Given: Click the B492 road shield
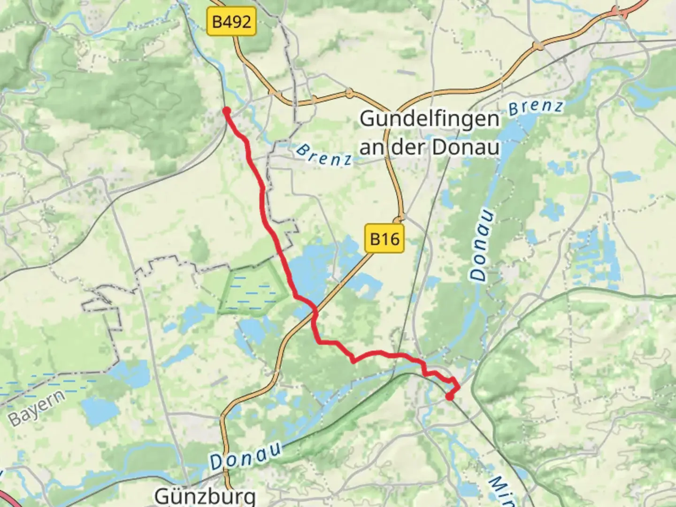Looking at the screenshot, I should pyautogui.click(x=232, y=22).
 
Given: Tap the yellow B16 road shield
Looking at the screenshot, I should pyautogui.click(x=384, y=239).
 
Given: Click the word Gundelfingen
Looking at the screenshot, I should pyautogui.click(x=430, y=119).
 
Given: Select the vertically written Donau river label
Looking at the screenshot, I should pyautogui.click(x=483, y=246).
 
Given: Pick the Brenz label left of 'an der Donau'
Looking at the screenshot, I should pyautogui.click(x=324, y=155).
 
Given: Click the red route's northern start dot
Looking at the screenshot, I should pyautogui.click(x=226, y=110).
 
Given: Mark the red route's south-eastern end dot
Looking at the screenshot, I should pyautogui.click(x=449, y=397).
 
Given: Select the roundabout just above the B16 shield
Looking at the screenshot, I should pyautogui.click(x=399, y=219).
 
